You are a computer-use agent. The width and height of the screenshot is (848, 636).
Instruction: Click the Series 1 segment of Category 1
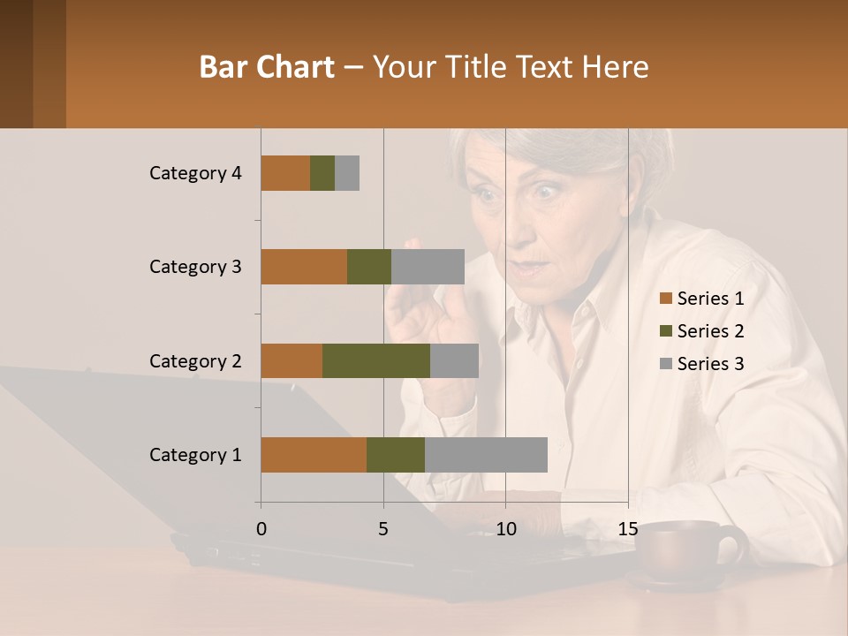[x=314, y=455]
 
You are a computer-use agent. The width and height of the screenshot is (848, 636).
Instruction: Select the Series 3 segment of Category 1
[x=486, y=455]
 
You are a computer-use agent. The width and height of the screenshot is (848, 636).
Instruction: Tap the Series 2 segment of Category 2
[x=376, y=360]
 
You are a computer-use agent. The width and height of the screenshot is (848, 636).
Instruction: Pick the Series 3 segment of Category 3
[x=428, y=267]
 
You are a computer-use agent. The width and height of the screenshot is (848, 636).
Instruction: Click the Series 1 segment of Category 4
[x=285, y=173]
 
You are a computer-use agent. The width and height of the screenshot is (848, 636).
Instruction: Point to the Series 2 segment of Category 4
[x=322, y=173]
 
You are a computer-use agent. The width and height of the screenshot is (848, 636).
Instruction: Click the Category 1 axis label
[x=195, y=455]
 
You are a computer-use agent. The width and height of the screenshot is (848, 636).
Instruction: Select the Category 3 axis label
[x=195, y=267]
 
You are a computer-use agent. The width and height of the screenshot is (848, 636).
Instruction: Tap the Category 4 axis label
[x=195, y=173]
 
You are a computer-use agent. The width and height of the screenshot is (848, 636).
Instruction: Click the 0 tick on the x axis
[x=261, y=529]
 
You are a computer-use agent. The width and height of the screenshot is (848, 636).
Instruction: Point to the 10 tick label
[x=505, y=529]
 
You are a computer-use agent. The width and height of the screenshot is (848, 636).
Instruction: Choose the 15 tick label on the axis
[x=627, y=529]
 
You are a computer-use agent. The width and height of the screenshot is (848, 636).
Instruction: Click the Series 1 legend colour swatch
[x=665, y=299]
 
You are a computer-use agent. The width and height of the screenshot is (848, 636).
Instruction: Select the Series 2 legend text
[x=710, y=331]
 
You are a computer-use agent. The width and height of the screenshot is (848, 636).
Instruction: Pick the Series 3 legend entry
[x=701, y=364]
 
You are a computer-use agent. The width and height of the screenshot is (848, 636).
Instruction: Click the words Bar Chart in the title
[x=267, y=67]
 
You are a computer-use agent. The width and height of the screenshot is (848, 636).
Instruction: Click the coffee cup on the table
[x=685, y=552]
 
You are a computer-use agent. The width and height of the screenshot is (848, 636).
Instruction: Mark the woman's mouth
[x=533, y=263]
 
